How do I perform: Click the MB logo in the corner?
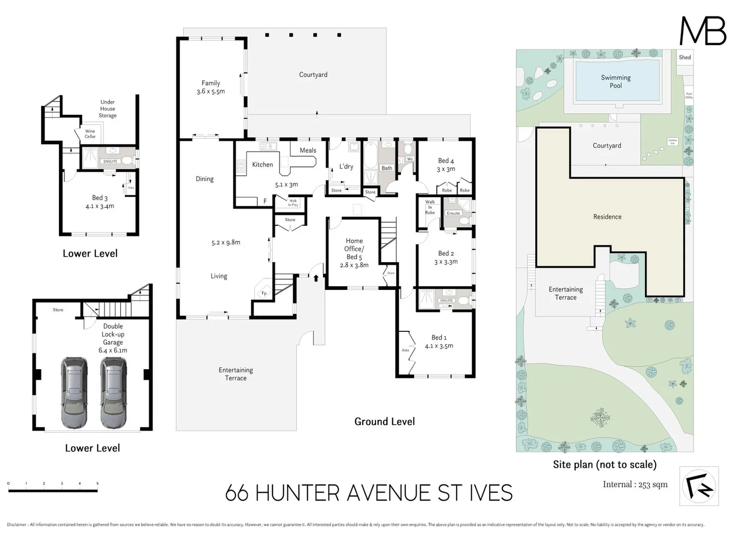(703, 31)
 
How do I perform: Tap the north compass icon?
(699, 486)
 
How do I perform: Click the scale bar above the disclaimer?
(53, 491)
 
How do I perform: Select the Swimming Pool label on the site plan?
(616, 81)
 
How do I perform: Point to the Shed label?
(685, 57)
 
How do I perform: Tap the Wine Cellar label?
(90, 134)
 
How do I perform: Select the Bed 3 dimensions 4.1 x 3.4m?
(100, 206)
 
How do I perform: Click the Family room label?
(210, 83)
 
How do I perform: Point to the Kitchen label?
(263, 164)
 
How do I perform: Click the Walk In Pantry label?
(293, 203)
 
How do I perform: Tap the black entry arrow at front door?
(316, 278)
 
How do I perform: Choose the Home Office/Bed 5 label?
(354, 249)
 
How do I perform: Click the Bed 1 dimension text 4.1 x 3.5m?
(439, 346)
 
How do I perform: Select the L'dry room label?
(346, 166)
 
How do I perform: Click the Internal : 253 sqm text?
(635, 484)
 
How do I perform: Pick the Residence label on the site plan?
(607, 217)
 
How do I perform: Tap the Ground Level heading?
(384, 421)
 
